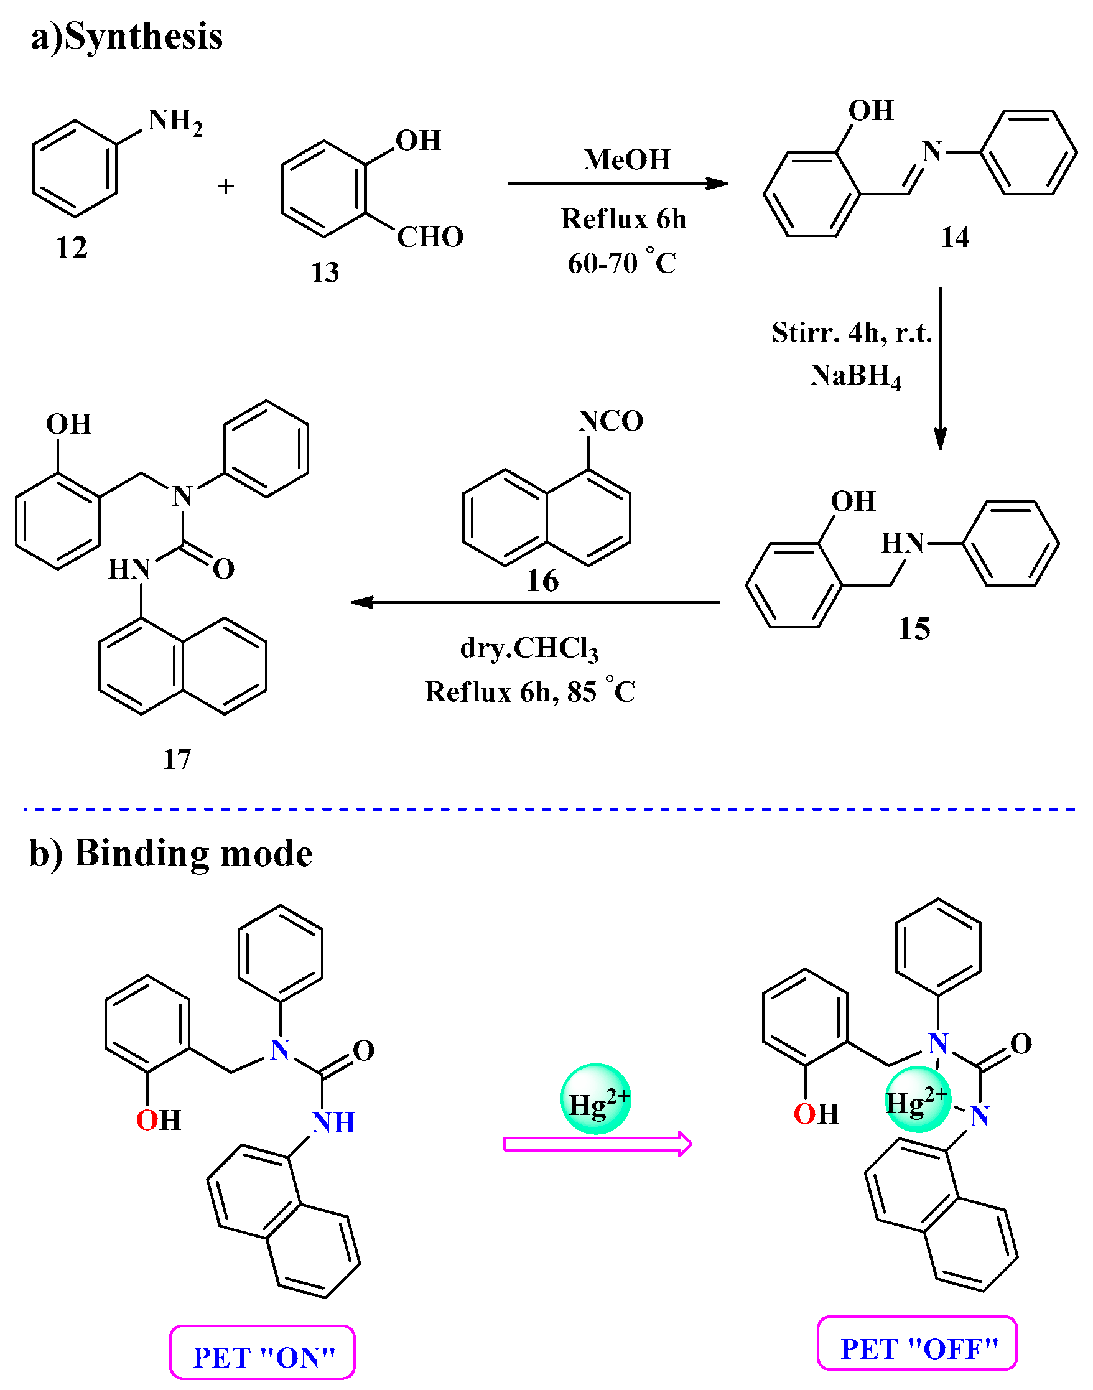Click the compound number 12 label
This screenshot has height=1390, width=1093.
tap(71, 248)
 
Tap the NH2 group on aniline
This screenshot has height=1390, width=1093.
tap(175, 121)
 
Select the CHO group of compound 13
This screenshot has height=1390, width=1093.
tap(429, 238)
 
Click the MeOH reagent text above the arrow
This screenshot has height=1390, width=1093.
tap(626, 159)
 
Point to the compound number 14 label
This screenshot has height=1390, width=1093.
tap(955, 238)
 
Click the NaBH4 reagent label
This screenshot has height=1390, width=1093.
tap(855, 376)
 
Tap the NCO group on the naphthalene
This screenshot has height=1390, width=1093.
tap(610, 421)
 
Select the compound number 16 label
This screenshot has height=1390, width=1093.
tap(542, 581)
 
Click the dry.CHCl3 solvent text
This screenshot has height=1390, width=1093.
tap(529, 649)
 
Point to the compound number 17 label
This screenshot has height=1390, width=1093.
tap(177, 760)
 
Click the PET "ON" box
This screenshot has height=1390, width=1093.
tap(263, 1352)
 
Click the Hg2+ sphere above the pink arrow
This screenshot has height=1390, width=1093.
tap(596, 1099)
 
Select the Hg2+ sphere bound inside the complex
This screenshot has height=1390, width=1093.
tap(916, 1099)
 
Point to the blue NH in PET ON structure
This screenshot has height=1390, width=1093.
tap(333, 1123)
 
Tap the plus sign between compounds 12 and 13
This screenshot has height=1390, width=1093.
tap(226, 187)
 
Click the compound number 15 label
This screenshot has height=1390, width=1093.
tap(914, 628)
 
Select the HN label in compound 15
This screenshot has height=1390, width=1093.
tap(902, 543)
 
